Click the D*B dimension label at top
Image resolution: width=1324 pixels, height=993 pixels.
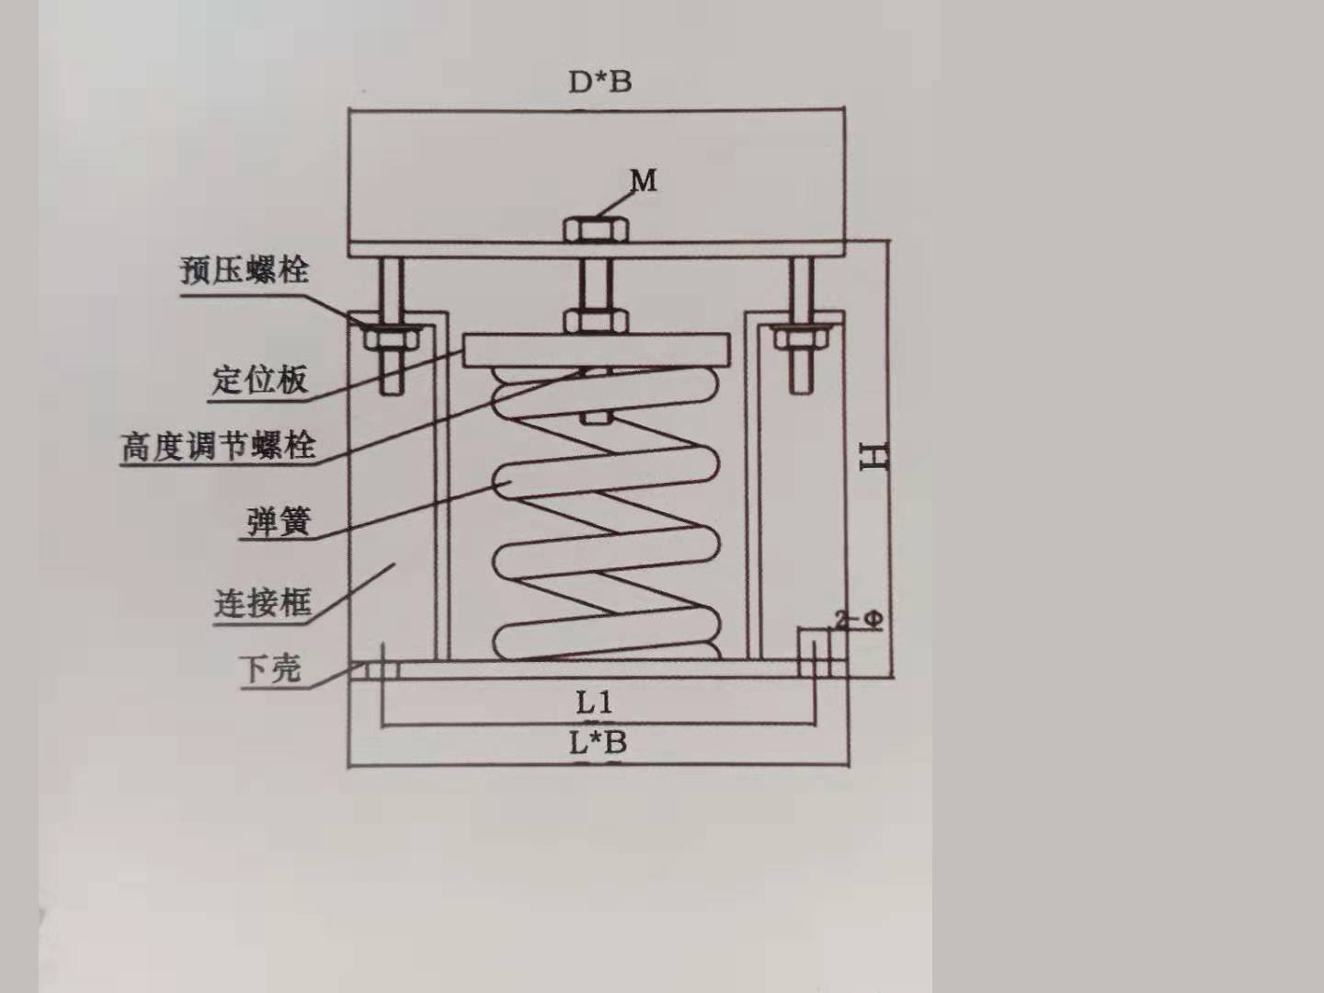coord(599,82)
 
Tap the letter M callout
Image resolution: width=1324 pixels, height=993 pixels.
coord(644,180)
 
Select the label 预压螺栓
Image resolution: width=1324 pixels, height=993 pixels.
coord(245,270)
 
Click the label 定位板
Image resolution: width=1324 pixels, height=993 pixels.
coord(259,379)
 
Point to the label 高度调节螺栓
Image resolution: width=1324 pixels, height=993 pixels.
coord(219,446)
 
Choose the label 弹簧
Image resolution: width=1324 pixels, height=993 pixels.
coord(279,520)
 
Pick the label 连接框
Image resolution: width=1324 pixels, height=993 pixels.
coord(263,603)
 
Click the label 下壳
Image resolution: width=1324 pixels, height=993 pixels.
coord(269,668)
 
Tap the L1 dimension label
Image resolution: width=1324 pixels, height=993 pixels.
coord(594,703)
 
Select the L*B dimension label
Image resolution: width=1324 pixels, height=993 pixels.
coord(598,742)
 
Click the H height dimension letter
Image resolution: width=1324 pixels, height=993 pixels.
coord(873,456)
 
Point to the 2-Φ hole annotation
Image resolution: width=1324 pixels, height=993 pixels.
coord(860,620)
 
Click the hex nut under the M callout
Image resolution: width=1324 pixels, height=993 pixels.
coord(596,229)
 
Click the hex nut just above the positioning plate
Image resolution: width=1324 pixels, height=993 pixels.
coord(596,321)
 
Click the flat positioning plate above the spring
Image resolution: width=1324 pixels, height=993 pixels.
coord(598,349)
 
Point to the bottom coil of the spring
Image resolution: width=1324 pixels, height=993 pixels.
coord(607,641)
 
